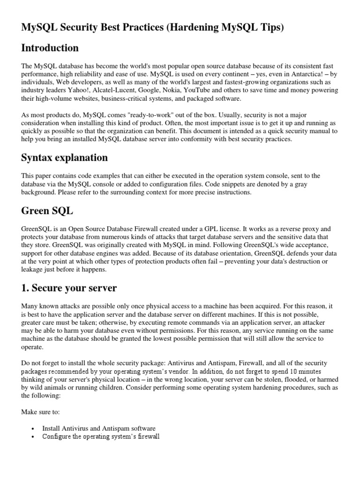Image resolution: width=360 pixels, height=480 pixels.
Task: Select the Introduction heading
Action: [50, 48]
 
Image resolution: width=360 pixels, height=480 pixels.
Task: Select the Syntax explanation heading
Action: [64, 157]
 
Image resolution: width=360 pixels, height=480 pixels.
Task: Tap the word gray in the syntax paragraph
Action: [300, 184]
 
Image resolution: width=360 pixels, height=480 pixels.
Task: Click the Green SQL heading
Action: [47, 210]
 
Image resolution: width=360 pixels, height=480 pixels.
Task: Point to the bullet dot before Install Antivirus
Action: [32, 429]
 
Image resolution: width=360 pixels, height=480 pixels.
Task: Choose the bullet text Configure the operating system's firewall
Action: [101, 437]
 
